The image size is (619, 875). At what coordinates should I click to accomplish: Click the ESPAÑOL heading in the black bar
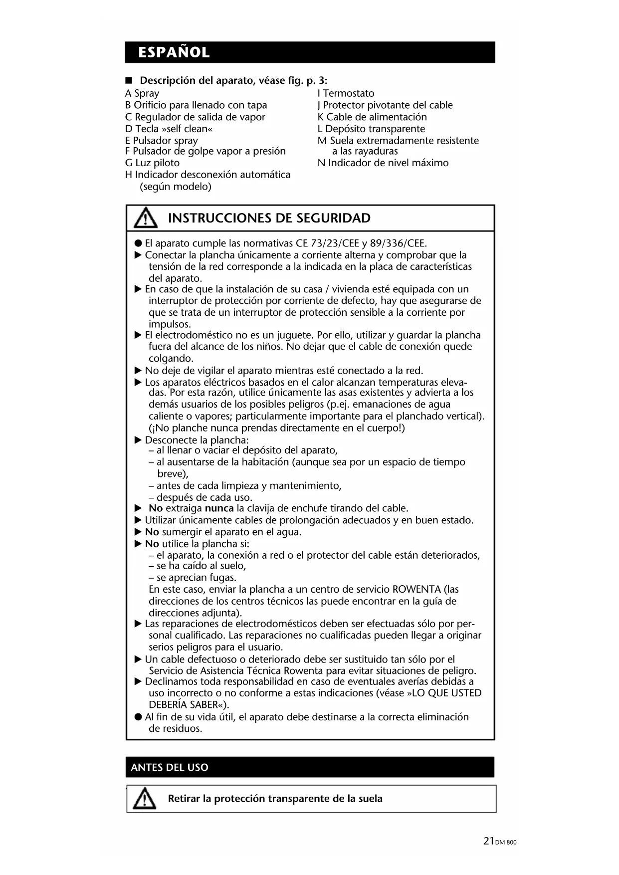(x=174, y=52)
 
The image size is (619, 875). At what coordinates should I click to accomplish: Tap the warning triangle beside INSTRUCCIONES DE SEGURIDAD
(x=145, y=218)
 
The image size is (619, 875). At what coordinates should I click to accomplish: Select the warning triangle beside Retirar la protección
(x=145, y=799)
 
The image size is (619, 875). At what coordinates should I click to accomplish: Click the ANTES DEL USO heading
(x=170, y=767)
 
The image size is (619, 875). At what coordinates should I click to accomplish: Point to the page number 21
(x=488, y=841)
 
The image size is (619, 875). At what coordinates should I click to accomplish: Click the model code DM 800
(x=506, y=842)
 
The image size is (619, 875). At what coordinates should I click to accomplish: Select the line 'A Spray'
(x=142, y=93)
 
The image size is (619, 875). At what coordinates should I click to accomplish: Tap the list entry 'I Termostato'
(x=346, y=93)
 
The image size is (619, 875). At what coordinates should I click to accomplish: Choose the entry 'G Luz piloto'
(x=152, y=163)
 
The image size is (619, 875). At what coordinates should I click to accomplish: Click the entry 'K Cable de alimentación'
(x=372, y=117)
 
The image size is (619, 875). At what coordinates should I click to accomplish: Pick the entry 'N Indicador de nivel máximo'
(x=383, y=163)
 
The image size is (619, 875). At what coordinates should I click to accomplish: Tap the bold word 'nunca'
(x=219, y=508)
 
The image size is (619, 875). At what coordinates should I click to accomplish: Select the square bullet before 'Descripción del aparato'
(x=129, y=81)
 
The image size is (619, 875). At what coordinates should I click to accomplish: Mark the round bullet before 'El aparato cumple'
(x=138, y=243)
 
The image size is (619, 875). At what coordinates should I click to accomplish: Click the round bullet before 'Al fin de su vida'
(x=138, y=717)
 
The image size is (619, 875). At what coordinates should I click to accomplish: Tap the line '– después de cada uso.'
(x=201, y=497)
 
